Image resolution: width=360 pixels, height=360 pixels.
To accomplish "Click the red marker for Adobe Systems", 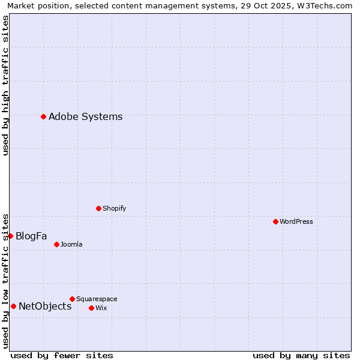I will point(43,116).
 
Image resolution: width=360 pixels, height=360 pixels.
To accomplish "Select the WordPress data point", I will point(275,221).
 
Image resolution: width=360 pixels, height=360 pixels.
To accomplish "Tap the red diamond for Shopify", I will point(98,208).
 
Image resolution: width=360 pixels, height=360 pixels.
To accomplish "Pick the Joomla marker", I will point(56,244).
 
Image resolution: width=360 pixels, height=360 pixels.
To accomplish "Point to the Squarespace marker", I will point(72,299).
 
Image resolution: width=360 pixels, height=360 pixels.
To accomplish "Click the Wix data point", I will point(91,308).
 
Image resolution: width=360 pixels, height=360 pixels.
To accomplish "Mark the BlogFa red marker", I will point(10,236).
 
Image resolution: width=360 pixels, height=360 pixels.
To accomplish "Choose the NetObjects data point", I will point(13,306).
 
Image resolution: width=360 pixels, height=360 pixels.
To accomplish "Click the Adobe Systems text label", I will point(85,116).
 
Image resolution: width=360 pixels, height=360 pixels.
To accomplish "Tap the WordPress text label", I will point(296,221).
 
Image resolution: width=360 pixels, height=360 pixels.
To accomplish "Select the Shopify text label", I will point(114,208).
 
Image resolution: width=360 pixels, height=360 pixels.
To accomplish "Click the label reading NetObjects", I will point(45,306).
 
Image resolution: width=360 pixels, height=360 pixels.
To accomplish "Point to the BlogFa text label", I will point(31,236).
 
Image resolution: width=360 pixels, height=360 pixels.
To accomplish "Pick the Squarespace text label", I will point(97,299).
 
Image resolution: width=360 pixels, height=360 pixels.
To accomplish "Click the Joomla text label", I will point(71,244).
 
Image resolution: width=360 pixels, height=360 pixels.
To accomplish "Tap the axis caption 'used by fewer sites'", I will point(62,355).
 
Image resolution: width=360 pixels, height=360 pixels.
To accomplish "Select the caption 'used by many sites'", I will point(301,355).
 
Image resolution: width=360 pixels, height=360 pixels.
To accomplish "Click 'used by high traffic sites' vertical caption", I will point(5,85).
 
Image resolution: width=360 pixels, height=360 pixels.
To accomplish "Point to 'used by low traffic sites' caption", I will point(5,280).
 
